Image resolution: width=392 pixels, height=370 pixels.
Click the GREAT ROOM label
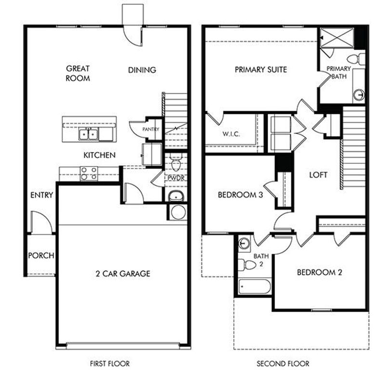click(78, 73)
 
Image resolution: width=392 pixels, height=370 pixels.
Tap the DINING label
click(142, 70)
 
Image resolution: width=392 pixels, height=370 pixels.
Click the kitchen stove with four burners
click(89, 173)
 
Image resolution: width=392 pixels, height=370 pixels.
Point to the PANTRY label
click(150, 130)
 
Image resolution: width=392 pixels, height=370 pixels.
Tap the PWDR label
click(176, 178)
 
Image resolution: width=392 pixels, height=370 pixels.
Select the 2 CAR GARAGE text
click(122, 274)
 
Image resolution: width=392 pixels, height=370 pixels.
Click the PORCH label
click(41, 255)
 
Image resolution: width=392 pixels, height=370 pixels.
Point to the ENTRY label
click(41, 195)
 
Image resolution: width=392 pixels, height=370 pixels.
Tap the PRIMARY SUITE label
click(261, 69)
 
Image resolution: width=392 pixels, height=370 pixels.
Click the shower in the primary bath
click(337, 37)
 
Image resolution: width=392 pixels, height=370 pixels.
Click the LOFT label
click(318, 175)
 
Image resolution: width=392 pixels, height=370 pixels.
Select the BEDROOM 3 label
click(240, 195)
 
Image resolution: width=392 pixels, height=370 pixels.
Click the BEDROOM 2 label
click(319, 272)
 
